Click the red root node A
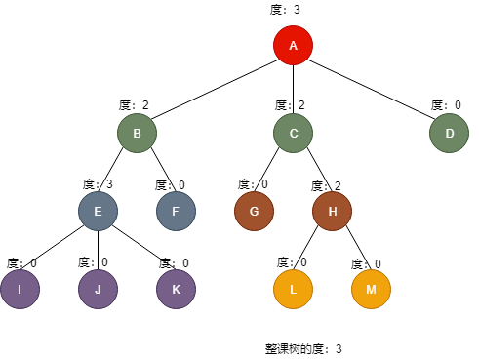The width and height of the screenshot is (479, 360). pos(293,46)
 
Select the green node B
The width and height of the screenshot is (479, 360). pos(137,134)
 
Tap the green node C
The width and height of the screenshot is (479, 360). pos(293,134)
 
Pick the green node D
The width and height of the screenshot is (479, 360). pos(449,134)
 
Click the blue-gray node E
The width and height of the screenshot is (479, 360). pos(98,211)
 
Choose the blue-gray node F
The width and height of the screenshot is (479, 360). pos(176,211)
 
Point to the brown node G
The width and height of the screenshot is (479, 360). pos(254,211)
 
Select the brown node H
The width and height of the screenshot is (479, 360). pos(332,211)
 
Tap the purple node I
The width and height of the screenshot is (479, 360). pos(20,289)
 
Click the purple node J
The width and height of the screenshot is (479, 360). pos(98,289)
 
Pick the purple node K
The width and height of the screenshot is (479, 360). pos(176,289)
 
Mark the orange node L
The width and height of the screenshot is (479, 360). pos(293,289)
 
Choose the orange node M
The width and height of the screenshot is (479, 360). pos(371,289)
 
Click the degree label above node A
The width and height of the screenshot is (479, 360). pos(285,10)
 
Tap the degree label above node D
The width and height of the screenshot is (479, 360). pos(445,105)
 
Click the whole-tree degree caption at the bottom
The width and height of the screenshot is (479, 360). pos(304,348)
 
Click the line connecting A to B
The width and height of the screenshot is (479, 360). pos(215,90)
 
